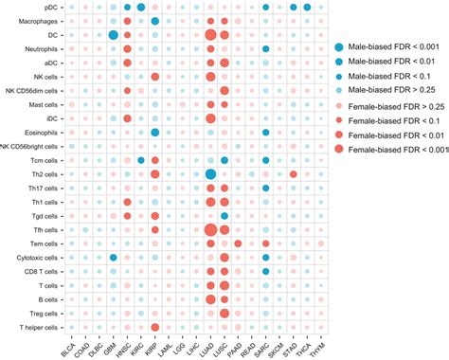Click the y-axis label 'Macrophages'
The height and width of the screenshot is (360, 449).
coord(43,21)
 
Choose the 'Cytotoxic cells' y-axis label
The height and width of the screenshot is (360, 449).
coord(44,258)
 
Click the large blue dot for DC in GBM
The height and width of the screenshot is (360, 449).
coord(113,35)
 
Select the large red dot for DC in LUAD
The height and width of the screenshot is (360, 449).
coord(210,35)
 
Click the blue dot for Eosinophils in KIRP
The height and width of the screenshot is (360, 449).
coord(154,133)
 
